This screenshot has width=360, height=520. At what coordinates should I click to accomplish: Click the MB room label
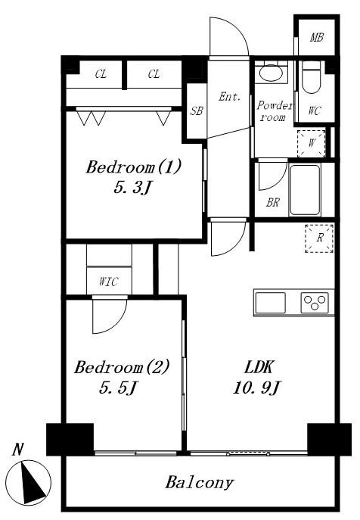pyautogui.click(x=317, y=38)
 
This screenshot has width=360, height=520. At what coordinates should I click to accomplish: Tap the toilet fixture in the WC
pyautogui.click(x=312, y=77)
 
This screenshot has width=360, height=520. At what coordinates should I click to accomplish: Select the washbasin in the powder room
pyautogui.click(x=271, y=73)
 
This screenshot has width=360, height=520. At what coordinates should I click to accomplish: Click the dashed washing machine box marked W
pyautogui.click(x=311, y=144)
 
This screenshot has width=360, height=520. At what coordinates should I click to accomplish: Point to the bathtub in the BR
pyautogui.click(x=305, y=190)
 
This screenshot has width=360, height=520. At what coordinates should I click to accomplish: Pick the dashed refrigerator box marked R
pyautogui.click(x=319, y=238)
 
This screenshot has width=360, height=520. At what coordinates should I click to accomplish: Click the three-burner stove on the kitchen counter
pyautogui.click(x=315, y=303)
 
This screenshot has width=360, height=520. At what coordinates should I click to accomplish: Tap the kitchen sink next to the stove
pyautogui.click(x=271, y=303)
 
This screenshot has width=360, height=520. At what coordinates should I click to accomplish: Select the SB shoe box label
pyautogui.click(x=197, y=111)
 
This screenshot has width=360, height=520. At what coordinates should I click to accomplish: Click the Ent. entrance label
pyautogui.click(x=229, y=97)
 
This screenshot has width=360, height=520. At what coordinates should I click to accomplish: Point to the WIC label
pyautogui.click(x=108, y=282)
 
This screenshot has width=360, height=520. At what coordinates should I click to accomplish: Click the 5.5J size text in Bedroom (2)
pyautogui.click(x=118, y=388)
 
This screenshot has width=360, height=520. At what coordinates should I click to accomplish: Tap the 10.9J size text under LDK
pyautogui.click(x=257, y=388)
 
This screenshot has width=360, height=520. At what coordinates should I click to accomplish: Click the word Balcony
pyautogui.click(x=200, y=482)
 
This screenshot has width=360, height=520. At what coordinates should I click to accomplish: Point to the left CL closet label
pyautogui.click(x=101, y=74)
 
